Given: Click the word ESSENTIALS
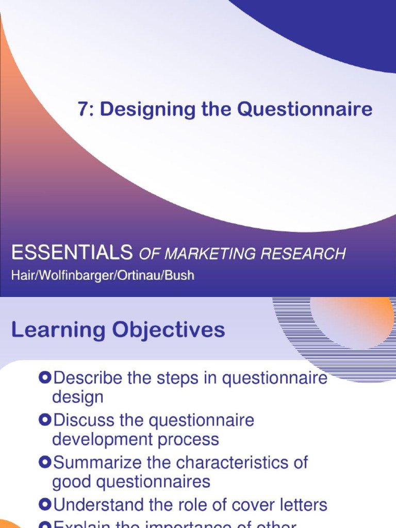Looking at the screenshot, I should pyautogui.click(x=72, y=253).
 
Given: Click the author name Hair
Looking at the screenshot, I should pyautogui.click(x=21, y=275).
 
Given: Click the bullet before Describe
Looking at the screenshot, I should pyautogui.click(x=45, y=378).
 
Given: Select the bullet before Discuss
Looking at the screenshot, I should pyautogui.click(x=45, y=420).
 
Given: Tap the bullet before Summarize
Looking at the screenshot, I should pyautogui.click(x=45, y=462).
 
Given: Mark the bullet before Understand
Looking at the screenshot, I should pyautogui.click(x=45, y=504).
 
